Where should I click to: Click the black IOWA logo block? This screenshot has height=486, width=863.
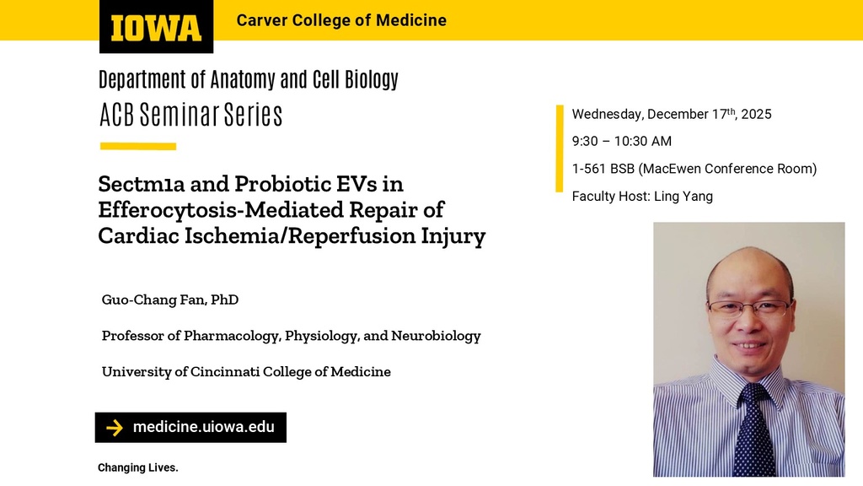pos(156,27)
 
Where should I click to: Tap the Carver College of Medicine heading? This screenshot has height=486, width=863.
pos(341,20)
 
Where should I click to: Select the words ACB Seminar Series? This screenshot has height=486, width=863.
pos(190,115)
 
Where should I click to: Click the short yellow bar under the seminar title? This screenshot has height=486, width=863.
pos(137,147)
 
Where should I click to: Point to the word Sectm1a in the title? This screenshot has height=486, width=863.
pos(139,184)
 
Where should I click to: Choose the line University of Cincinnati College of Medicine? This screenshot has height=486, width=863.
pos(246,372)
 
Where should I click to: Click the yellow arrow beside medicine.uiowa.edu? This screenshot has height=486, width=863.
pos(114,428)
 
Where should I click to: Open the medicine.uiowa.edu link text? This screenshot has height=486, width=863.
pos(203,427)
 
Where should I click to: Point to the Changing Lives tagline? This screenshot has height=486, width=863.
pos(138,467)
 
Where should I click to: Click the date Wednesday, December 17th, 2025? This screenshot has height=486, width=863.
pos(671,114)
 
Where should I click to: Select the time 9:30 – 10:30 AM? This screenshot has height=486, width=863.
pos(621,141)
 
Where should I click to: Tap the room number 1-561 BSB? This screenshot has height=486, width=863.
pos(603,169)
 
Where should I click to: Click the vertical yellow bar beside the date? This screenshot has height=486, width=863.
pos(559,148)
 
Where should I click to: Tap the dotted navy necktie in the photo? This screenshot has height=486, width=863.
pos(753,430)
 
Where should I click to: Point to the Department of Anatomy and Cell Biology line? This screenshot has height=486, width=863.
pos(248,80)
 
